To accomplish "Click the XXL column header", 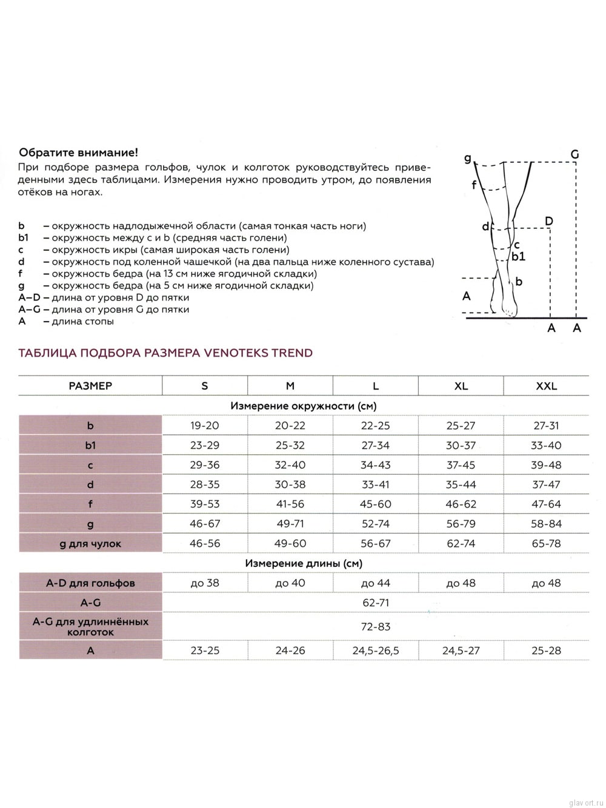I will [546, 386].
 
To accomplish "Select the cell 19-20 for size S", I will [204, 426].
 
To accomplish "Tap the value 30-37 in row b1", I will [461, 445].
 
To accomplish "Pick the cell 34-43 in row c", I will [376, 465].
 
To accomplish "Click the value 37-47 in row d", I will [546, 485].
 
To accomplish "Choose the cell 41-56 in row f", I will [290, 504].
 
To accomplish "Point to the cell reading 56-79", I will [461, 524].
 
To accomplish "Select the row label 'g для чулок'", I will [90, 544].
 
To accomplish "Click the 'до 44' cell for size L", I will [376, 583].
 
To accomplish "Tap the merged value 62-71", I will [376, 603].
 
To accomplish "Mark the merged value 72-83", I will [376, 627].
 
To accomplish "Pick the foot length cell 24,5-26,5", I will [376, 651].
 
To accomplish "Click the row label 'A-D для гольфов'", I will [90, 583].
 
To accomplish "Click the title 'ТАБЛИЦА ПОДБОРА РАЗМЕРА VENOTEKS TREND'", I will [165, 353].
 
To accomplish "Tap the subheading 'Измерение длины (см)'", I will [304, 563].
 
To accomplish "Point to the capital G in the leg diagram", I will [574, 154].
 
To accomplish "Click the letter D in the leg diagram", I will [549, 221].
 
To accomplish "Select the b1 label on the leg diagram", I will [518, 256].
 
